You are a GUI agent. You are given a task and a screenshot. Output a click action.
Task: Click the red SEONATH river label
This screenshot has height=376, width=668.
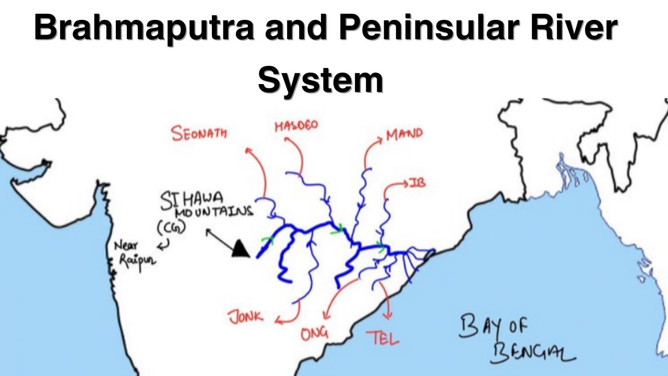point(199,133)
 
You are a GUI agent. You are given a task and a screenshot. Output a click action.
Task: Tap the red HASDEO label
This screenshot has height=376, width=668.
point(296,126)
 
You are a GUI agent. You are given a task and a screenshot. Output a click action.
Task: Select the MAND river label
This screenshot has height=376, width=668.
point(404,134)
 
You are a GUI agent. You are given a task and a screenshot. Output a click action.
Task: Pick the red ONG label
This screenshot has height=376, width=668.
point(314,334)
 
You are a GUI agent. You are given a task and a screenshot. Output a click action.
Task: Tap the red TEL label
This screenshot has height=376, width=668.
point(383,338)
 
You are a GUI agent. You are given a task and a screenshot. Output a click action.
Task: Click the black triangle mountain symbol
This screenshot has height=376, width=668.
point(240,249)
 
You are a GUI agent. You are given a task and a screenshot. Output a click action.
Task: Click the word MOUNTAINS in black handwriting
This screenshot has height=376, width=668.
point(213,213)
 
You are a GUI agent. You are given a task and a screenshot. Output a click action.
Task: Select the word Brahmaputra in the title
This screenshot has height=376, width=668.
point(144,29)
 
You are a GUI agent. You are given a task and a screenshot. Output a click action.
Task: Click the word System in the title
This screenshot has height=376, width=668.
point(320,80)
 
